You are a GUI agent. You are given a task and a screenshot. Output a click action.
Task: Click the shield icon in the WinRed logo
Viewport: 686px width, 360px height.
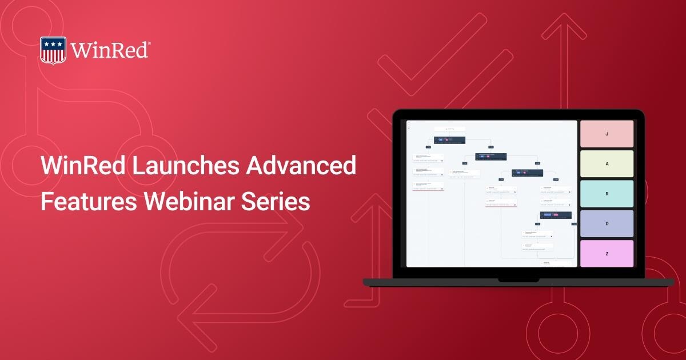click(53, 50)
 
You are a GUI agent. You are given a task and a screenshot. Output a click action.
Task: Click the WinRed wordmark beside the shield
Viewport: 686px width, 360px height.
click(109, 50)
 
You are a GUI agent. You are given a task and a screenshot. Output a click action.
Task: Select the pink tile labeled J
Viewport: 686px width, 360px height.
click(607, 134)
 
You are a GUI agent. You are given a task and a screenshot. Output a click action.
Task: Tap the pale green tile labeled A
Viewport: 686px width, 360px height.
click(607, 163)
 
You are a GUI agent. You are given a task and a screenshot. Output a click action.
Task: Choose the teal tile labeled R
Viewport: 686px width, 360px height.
click(607, 194)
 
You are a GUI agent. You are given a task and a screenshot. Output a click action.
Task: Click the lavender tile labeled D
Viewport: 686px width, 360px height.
click(607, 223)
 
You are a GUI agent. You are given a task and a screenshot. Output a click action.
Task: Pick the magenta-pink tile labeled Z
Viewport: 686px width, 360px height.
click(607, 253)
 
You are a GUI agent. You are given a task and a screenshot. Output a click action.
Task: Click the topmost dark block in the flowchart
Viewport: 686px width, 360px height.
click(449, 140)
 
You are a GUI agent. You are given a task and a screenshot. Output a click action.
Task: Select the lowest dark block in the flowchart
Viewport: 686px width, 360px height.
click(556, 215)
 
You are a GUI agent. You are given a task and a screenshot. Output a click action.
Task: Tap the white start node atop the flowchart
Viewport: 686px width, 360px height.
click(450, 129)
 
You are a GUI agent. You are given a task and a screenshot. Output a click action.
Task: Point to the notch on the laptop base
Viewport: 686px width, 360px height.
click(519, 280)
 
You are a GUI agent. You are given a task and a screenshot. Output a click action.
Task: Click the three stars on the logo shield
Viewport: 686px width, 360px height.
click(53, 43)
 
